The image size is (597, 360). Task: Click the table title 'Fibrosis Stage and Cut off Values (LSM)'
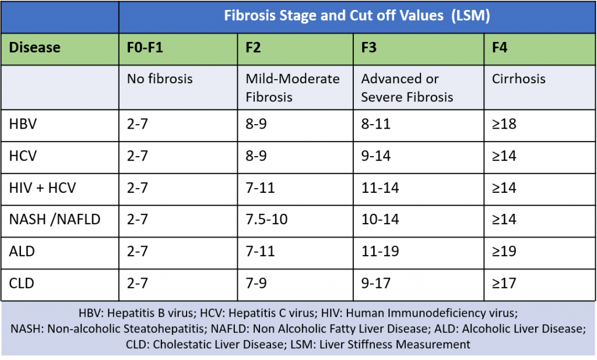coord(357,16)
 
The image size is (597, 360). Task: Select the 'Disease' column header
coord(35,47)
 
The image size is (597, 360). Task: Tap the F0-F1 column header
coord(145,47)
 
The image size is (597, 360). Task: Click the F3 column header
coord(369,47)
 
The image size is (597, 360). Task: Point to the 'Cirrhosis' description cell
coord(519,79)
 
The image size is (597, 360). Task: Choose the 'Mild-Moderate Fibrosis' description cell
coord(293,87)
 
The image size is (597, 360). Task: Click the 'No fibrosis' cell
coord(160,79)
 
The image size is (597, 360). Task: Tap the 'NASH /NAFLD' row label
coord(55,220)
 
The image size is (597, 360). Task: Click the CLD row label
coord(22,284)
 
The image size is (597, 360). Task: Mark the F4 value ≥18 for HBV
coord(504,124)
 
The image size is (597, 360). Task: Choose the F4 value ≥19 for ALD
coord(504,252)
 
